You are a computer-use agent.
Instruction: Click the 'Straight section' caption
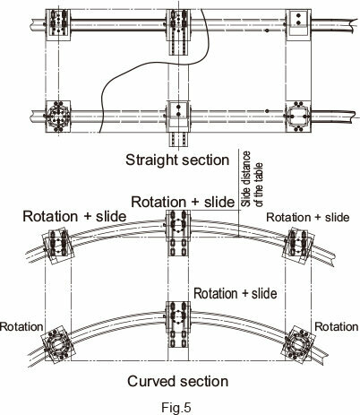tap(177, 160)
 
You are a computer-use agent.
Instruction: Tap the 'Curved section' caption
tap(178, 381)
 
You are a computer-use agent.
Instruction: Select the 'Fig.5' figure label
tap(176, 407)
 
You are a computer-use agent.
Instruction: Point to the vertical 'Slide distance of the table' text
tap(252, 179)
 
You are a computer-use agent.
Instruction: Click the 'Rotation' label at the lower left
tap(21, 326)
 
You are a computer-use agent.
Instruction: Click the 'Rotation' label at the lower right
tap(337, 326)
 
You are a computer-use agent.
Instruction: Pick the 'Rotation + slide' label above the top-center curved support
tap(183, 202)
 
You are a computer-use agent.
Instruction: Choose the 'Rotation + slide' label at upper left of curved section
tap(74, 216)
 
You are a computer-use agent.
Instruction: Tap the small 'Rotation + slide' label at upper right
tap(308, 217)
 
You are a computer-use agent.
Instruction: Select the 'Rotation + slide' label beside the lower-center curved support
tap(236, 293)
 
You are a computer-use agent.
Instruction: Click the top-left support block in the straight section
tap(58, 25)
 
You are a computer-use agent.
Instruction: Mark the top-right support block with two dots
tap(298, 24)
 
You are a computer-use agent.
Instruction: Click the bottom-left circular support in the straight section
tap(58, 117)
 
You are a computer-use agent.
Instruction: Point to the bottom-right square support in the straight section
tap(298, 117)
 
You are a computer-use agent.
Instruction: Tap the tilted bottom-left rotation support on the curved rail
tap(57, 344)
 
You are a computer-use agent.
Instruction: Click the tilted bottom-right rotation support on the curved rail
tap(299, 344)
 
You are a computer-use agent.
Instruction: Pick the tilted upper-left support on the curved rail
tap(58, 246)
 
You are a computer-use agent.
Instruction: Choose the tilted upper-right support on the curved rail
tap(298, 246)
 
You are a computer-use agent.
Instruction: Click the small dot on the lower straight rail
tap(267, 111)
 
